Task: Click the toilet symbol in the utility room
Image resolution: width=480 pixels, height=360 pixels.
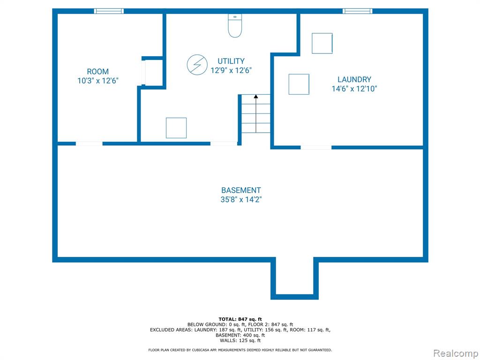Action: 235,25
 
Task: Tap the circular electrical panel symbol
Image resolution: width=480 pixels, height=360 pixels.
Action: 197,65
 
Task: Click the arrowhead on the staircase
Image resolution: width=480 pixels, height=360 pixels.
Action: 256,97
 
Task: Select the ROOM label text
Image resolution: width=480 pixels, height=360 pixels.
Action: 97,72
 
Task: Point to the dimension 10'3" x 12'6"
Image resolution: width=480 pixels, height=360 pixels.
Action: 98,81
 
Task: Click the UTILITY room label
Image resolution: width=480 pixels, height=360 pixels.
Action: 231,61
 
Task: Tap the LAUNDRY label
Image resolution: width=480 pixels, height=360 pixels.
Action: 354,80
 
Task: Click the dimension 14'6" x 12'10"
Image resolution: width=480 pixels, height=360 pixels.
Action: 354,89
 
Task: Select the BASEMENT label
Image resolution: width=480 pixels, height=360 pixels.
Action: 241,190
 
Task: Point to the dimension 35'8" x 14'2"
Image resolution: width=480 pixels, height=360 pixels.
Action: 241,200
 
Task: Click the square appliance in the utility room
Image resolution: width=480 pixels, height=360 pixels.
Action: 176,128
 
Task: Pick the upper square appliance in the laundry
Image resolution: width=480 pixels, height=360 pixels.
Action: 322,44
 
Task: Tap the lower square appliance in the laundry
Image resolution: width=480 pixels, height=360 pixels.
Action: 299,84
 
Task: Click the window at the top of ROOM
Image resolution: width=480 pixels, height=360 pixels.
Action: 109,11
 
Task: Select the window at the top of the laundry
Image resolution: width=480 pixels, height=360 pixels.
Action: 358,11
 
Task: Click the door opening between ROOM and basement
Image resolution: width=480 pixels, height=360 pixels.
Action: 89,143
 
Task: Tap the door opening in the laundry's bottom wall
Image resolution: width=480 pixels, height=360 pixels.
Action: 316,148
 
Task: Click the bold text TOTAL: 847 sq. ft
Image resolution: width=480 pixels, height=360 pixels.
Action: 240,319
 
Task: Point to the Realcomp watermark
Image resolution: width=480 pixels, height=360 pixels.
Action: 456,353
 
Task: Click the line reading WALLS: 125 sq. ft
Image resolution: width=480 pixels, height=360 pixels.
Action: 240,340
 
